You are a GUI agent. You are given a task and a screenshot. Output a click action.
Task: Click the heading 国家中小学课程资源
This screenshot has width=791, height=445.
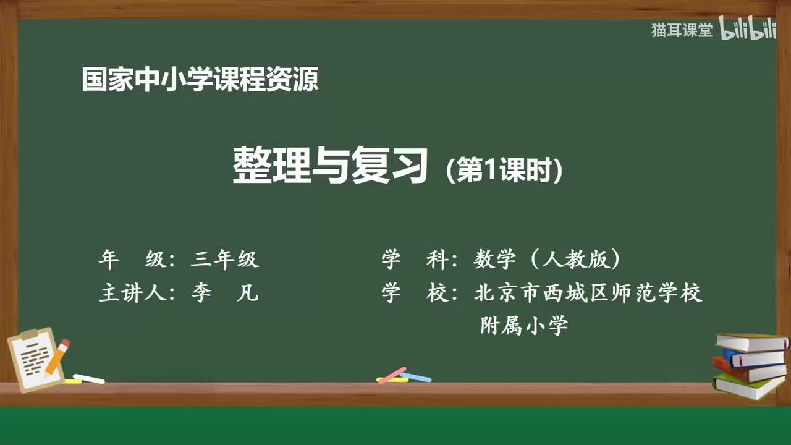(200, 80)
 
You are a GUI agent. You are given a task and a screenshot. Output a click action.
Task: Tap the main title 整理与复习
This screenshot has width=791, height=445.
(331, 166)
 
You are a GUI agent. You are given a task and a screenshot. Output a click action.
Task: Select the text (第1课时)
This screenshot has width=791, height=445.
(504, 170)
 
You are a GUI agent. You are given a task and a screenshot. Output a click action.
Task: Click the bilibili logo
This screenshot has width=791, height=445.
(748, 30)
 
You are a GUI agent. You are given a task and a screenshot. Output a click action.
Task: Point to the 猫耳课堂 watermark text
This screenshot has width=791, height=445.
(682, 30)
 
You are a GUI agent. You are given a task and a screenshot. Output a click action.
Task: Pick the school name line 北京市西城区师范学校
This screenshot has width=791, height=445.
(588, 293)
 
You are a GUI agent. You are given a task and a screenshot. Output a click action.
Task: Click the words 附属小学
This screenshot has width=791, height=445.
(524, 326)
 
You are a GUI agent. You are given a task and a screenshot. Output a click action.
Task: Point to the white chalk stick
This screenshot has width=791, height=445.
(88, 378)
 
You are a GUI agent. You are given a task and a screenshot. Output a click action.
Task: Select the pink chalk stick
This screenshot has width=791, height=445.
(392, 375)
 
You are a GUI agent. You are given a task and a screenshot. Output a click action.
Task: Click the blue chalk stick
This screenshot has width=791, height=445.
(416, 376)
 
